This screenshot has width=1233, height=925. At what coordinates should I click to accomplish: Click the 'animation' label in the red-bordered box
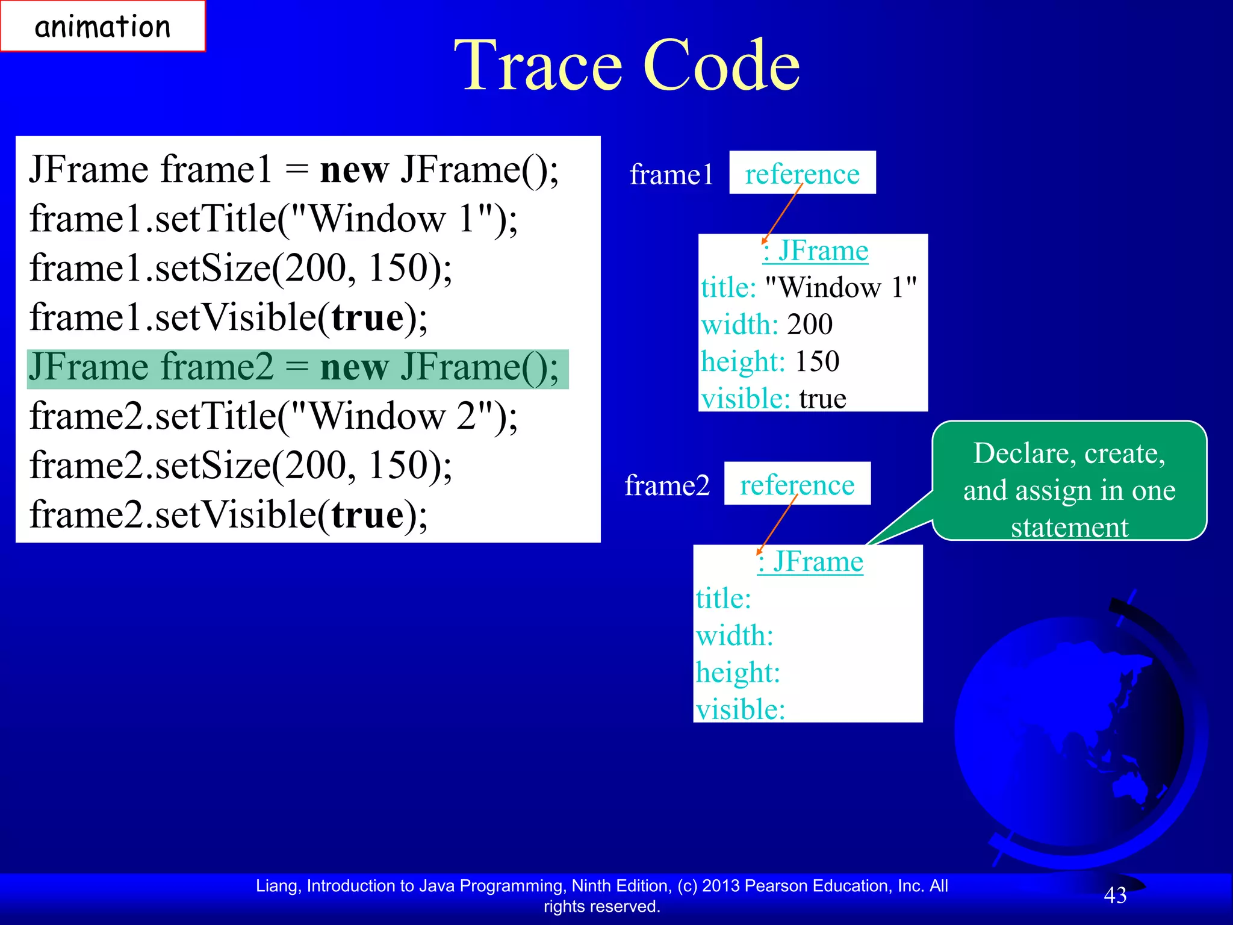[x=102, y=27]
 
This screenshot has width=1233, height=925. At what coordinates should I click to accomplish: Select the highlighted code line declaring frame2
[x=295, y=367]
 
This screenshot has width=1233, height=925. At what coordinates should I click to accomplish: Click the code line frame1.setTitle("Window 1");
[x=273, y=219]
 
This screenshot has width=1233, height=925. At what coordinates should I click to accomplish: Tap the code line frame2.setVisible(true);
[x=229, y=515]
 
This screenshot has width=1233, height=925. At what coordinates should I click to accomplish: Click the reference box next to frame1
[x=802, y=173]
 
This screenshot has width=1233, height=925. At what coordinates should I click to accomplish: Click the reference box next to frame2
[x=797, y=484]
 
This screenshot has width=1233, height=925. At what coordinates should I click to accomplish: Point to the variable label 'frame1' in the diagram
[x=671, y=175]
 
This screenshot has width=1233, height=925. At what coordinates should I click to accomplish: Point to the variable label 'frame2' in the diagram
[x=667, y=485]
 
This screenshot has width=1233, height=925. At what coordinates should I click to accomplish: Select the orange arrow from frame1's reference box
[x=783, y=214]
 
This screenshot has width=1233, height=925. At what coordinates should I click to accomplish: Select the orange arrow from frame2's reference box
[x=777, y=525]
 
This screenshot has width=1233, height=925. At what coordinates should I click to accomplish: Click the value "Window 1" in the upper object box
[x=840, y=287]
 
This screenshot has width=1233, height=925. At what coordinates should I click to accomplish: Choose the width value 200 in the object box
[x=810, y=325]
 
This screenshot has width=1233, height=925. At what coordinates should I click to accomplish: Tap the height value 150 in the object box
[x=817, y=361]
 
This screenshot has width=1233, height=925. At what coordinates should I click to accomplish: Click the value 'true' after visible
[x=822, y=399]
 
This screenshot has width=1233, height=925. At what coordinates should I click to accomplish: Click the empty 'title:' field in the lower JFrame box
[x=724, y=599]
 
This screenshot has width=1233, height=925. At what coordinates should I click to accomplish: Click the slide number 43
[x=1115, y=895]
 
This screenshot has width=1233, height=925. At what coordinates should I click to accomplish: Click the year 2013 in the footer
[x=721, y=886]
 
